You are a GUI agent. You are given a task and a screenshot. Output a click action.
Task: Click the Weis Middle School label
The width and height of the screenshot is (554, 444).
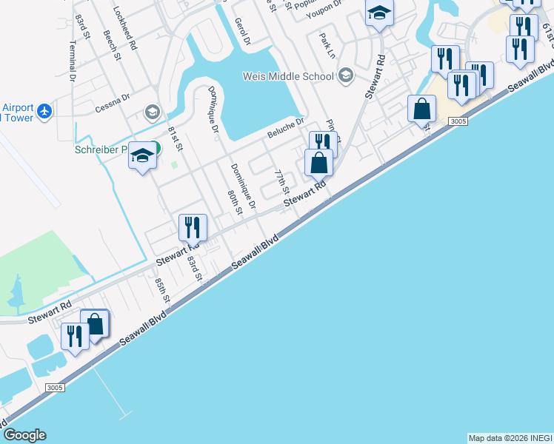tap(289, 75)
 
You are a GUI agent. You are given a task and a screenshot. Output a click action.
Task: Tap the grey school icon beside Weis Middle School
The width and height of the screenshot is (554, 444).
tap(345, 75)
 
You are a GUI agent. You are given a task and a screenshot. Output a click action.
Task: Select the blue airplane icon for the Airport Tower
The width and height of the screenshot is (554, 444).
tap(46, 111)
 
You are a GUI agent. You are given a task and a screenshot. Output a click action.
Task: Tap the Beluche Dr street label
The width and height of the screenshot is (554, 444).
tap(285, 128)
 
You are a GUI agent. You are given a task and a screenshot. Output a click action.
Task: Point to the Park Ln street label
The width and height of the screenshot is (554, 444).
tap(327, 46)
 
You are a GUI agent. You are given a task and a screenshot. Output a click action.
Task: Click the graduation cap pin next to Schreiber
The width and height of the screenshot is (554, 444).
tap(142, 156)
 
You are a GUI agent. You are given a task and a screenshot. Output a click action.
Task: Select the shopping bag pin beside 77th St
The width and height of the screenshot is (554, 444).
tap(318, 162)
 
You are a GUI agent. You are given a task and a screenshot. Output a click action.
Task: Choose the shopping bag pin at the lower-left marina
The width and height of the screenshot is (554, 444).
tap(95, 323)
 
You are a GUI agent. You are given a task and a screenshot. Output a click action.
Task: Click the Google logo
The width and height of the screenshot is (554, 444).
tap(24, 435)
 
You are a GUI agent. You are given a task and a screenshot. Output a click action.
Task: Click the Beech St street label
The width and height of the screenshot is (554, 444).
tap(112, 47)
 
